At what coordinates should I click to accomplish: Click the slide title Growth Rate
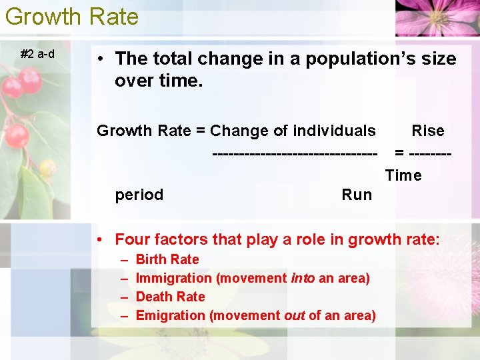(x=71, y=16)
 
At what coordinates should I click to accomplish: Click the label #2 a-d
(x=37, y=54)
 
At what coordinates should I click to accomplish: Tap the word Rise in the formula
(x=427, y=131)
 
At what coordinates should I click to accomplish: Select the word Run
(x=357, y=195)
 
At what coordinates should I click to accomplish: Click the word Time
(x=403, y=175)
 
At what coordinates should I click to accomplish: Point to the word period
(x=139, y=195)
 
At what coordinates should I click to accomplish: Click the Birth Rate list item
(x=167, y=259)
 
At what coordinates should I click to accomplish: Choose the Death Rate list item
(x=170, y=297)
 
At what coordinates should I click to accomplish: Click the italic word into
(x=302, y=278)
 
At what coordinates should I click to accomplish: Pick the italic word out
(x=294, y=315)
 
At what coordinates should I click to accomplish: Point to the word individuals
(x=338, y=131)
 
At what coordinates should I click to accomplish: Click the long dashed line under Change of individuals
(x=294, y=154)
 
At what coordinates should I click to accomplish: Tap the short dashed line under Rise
(x=431, y=154)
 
